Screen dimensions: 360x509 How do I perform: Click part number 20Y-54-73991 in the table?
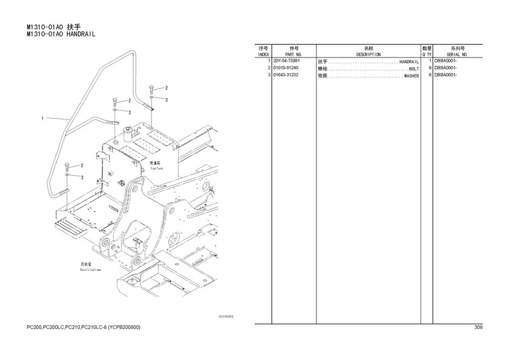tap(287, 62)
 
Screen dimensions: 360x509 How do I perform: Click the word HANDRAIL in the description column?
tap(409, 62)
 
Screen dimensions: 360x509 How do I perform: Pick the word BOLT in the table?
tap(414, 69)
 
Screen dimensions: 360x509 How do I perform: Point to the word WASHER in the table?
tap(411, 76)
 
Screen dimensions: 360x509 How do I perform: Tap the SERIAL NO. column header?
tap(456, 55)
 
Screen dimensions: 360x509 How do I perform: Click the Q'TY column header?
tap(426, 55)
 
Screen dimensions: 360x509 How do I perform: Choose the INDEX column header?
tap(263, 55)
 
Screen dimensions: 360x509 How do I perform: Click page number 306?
tap(478, 328)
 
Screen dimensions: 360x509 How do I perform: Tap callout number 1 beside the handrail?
tap(42, 118)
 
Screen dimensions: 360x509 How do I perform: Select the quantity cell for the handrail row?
tap(429, 62)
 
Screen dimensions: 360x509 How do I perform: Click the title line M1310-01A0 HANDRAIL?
tap(61, 35)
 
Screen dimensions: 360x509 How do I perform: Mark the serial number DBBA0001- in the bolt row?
tap(445, 68)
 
